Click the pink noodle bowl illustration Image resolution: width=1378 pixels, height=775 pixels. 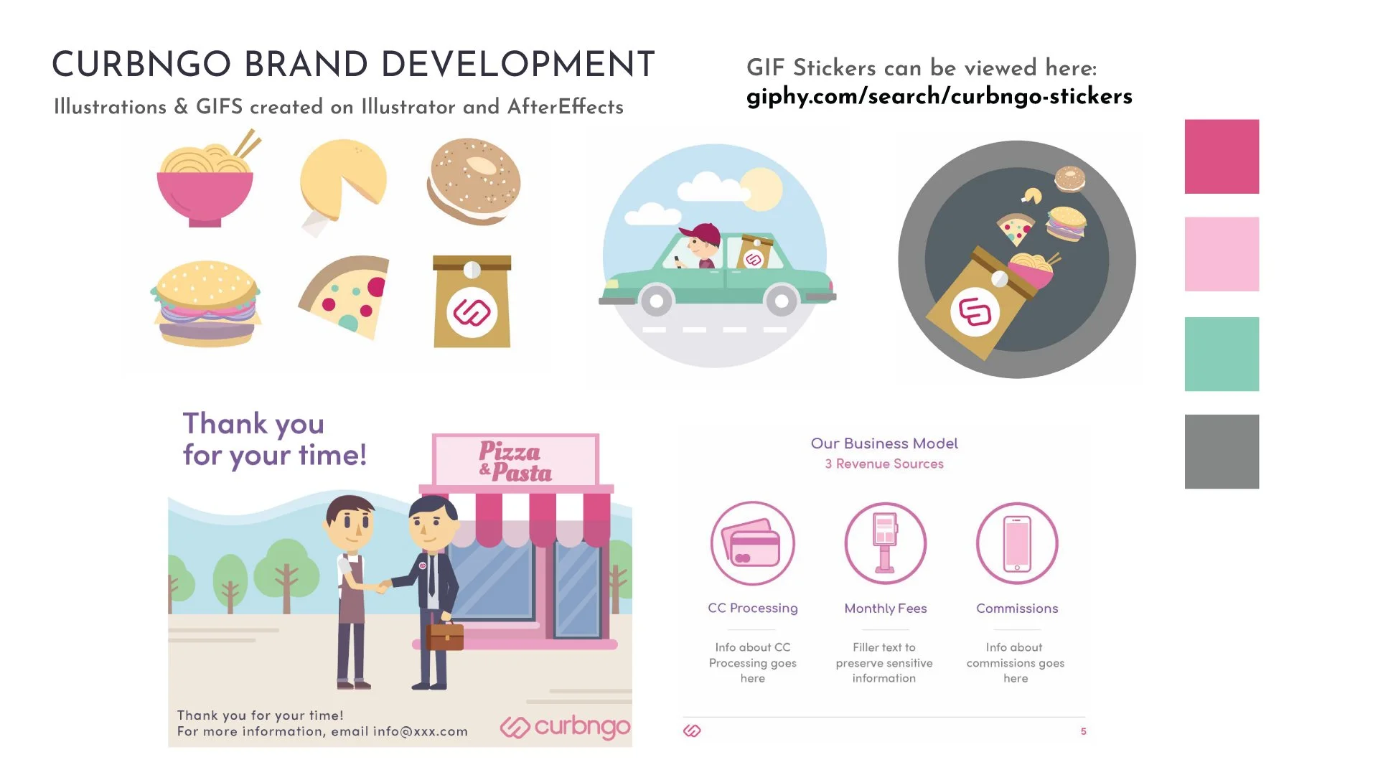205,190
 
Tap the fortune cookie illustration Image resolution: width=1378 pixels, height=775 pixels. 343,179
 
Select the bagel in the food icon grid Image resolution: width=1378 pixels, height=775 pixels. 474,181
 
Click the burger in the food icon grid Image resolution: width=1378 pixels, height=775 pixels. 206,304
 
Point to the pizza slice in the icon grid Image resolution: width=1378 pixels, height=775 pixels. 347,296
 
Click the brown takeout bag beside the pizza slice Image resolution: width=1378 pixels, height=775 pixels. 472,303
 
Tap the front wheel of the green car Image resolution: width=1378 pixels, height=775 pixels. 782,301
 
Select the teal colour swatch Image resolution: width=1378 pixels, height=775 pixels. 1222,354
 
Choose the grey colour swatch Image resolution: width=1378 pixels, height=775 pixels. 1222,451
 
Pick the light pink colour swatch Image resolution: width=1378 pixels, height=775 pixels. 1222,254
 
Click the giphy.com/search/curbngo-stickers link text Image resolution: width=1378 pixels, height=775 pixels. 939,96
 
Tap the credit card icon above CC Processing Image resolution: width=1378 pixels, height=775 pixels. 752,543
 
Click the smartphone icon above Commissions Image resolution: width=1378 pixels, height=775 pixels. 1017,543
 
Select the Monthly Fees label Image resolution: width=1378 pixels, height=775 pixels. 885,609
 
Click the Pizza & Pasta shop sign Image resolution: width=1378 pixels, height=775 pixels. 515,461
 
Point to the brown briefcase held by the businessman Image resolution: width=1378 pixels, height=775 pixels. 445,636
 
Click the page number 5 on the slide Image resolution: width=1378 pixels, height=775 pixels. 1083,731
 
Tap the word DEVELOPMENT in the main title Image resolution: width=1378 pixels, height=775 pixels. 517,65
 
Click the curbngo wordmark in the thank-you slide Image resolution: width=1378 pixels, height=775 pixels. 582,726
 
